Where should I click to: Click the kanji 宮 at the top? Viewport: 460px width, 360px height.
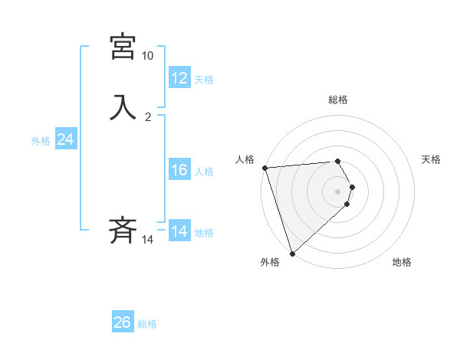click(123, 47)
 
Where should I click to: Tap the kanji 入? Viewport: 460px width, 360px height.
click(123, 106)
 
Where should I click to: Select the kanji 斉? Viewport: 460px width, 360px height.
click(123, 230)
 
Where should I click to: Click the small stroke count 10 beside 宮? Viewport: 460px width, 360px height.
click(147, 57)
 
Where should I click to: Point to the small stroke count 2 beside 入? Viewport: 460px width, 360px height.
click(148, 117)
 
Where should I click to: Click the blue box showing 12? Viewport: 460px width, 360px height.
click(179, 77)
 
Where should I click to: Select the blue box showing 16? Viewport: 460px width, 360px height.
click(179, 170)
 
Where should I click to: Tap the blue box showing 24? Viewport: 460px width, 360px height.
click(66, 139)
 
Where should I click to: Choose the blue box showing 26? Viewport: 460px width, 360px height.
click(123, 322)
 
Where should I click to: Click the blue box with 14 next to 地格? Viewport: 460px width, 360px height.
click(179, 231)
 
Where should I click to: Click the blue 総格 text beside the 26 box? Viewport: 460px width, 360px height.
click(147, 324)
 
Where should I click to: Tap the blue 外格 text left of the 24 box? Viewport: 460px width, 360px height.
click(40, 141)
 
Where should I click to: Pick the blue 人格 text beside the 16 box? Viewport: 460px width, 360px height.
click(205, 172)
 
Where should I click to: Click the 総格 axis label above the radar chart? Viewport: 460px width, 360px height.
click(338, 100)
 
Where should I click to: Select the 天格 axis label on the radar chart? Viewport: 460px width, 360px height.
click(432, 159)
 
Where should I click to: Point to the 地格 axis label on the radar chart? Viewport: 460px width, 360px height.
click(402, 262)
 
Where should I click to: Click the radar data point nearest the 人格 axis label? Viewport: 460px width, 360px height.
click(264, 168)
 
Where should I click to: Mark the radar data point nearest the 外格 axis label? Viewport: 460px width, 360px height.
click(292, 253)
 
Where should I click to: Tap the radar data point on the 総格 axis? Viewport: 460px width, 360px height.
click(338, 161)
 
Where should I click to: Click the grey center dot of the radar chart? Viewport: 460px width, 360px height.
click(338, 191)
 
